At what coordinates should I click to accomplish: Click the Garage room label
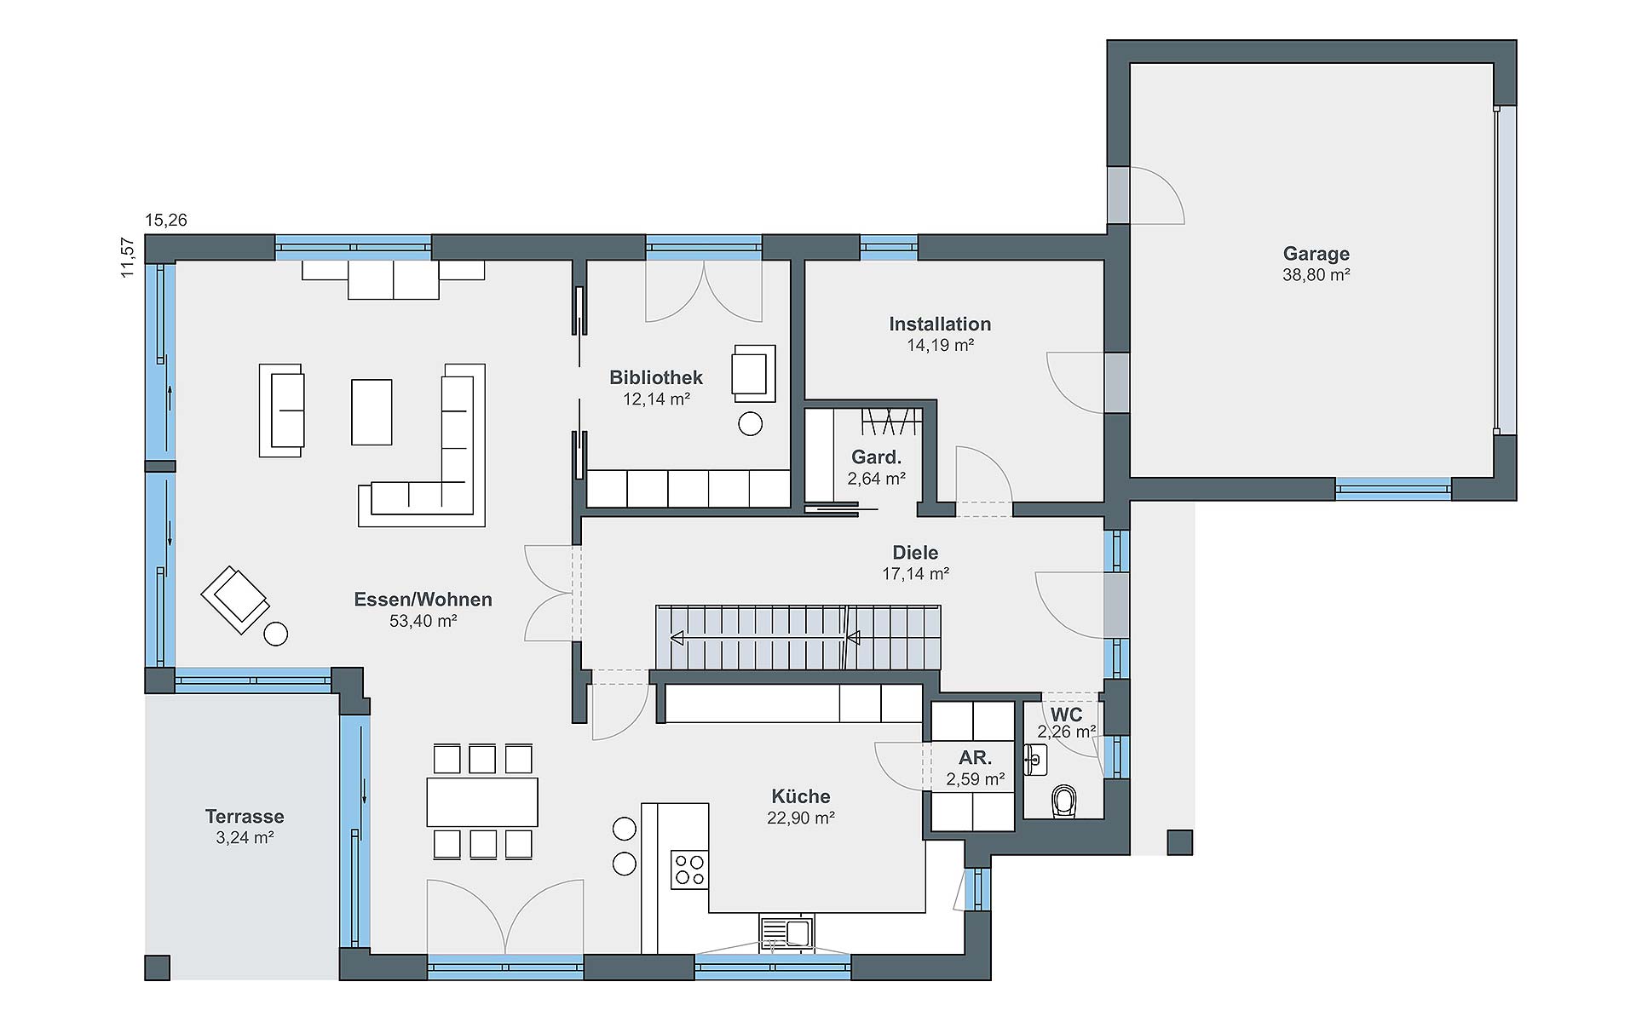point(1316,254)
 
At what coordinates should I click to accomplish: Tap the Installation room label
point(940,324)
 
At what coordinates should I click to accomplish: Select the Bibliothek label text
point(656,377)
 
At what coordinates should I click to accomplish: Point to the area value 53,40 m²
point(423,621)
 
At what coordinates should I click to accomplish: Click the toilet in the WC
point(1064,801)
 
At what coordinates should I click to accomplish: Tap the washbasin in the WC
point(1036,759)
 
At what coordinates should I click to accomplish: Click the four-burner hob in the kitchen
point(689,870)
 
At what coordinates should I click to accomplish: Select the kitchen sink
point(786,932)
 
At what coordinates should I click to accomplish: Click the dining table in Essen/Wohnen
point(482,801)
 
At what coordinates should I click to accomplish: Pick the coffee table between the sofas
point(372,412)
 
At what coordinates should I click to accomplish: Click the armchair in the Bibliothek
point(753,373)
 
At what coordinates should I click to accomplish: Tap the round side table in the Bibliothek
point(751,423)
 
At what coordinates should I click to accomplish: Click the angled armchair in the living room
point(235,599)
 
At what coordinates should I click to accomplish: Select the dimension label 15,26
point(166,221)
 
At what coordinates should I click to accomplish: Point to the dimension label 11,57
point(128,257)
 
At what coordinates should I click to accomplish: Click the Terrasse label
point(245,817)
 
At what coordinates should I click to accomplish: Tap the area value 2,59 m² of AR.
point(975,778)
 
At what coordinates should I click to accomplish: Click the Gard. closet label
point(876,457)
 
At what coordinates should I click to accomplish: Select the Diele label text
point(915,553)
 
